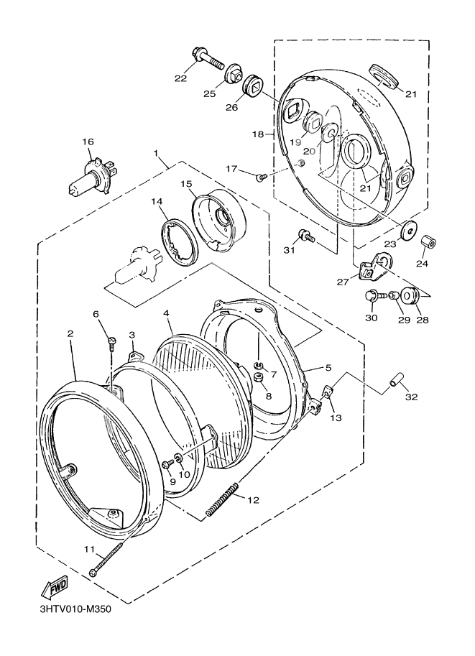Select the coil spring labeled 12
tap(223, 499)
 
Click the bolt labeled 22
tap(208, 61)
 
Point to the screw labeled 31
tap(307, 235)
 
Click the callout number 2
tap(70, 333)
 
